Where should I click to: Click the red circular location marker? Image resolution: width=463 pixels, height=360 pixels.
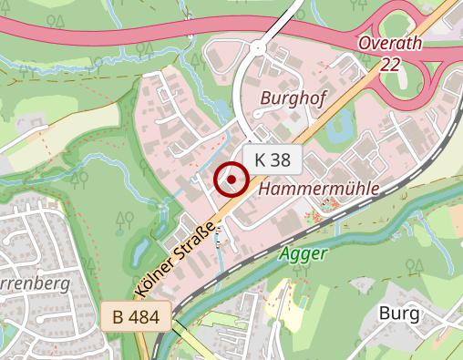click(x=231, y=180)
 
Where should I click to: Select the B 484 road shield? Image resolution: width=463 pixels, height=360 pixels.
click(x=137, y=317)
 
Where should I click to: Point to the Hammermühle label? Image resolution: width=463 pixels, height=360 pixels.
click(x=319, y=189)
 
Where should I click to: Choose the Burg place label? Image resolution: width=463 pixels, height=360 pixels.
click(x=398, y=314)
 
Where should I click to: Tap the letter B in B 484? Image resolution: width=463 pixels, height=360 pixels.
click(x=119, y=317)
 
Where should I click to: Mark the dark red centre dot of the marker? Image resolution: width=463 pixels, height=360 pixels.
click(x=231, y=180)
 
